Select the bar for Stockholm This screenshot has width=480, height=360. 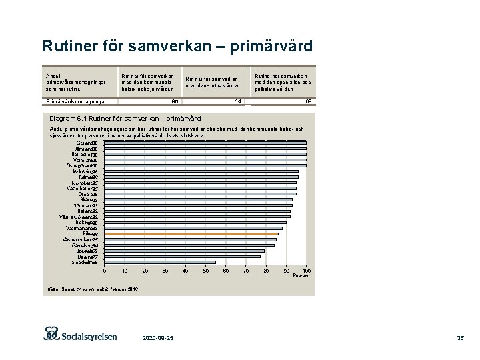(x=160, y=263)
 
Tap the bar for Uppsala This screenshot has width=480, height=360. (x=185, y=251)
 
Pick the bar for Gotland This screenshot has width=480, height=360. (x=205, y=143)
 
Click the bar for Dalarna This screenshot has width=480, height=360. (x=183, y=257)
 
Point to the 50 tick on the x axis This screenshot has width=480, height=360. (x=205, y=271)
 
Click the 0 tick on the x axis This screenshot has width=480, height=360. (x=105, y=271)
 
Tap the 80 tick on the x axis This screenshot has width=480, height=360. (x=266, y=271)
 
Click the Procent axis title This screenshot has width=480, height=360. (x=301, y=276)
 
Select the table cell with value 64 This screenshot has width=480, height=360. (x=236, y=102)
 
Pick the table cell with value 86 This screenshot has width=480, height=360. (x=175, y=102)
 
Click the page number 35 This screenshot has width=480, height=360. (x=460, y=339)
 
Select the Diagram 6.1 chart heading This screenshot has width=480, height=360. (x=126, y=118)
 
